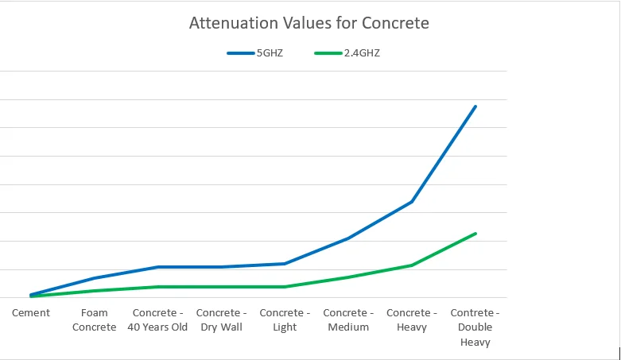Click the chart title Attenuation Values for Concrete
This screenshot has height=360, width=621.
pyautogui.click(x=309, y=23)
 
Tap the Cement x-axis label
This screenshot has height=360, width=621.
pyautogui.click(x=31, y=313)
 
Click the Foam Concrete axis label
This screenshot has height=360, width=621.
pyautogui.click(x=95, y=319)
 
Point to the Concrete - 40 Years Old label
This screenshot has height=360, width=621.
pyautogui.click(x=157, y=319)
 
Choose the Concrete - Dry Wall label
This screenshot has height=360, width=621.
pyautogui.click(x=221, y=319)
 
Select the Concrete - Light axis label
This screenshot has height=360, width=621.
pyautogui.click(x=285, y=319)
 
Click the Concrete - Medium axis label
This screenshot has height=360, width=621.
pyautogui.click(x=348, y=319)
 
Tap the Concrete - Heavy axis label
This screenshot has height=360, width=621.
pyautogui.click(x=412, y=319)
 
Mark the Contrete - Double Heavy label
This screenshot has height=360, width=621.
pyautogui.click(x=475, y=327)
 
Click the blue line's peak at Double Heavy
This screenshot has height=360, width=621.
pyautogui.click(x=475, y=106)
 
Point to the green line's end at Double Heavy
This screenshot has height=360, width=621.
pyautogui.click(x=475, y=234)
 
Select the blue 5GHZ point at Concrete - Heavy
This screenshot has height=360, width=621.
pyautogui.click(x=412, y=202)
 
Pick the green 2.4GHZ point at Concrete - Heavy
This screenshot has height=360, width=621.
pyautogui.click(x=412, y=265)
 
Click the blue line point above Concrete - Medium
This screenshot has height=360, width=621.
pyautogui.click(x=348, y=238)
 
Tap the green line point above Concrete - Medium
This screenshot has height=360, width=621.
pyautogui.click(x=348, y=277)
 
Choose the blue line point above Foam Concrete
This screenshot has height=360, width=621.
pyautogui.click(x=95, y=278)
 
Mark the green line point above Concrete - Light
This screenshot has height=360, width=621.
pyautogui.click(x=285, y=287)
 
